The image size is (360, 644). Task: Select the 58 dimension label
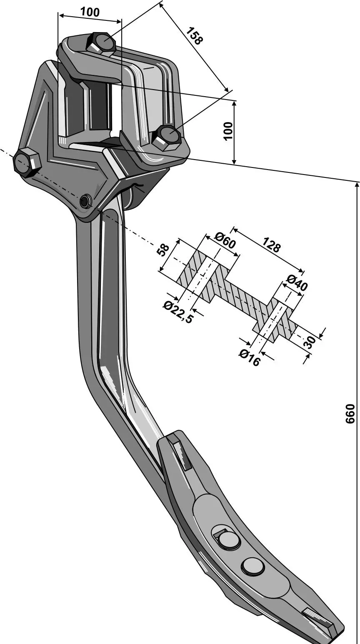164,250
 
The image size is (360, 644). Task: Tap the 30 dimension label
310,342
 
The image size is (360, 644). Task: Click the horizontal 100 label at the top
90,12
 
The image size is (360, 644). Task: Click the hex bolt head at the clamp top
101,43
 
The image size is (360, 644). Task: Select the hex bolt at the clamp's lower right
167,138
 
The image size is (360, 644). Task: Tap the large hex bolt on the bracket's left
27,162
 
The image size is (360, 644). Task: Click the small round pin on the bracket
85,202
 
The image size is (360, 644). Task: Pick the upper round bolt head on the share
229,540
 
